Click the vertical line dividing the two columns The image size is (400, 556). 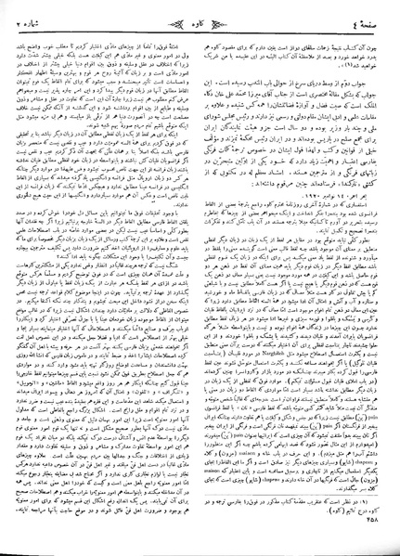click(200, 278)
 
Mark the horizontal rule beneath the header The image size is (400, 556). click(200, 23)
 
